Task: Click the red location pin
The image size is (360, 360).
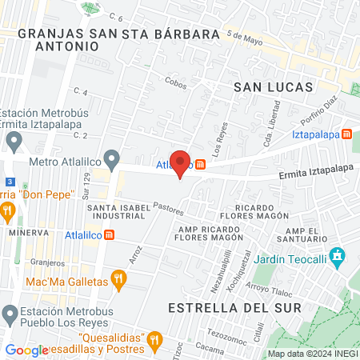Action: [181, 163]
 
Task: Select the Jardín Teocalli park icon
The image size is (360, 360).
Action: [338, 255]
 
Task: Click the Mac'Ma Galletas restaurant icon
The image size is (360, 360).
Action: [118, 278]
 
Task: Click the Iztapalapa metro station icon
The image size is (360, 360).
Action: [346, 134]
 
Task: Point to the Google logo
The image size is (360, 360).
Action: [26, 350]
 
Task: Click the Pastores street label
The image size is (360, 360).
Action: [170, 210]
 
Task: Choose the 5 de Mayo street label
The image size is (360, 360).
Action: [244, 36]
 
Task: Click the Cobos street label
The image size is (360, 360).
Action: [175, 81]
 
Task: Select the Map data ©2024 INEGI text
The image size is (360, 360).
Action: [312, 354]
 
